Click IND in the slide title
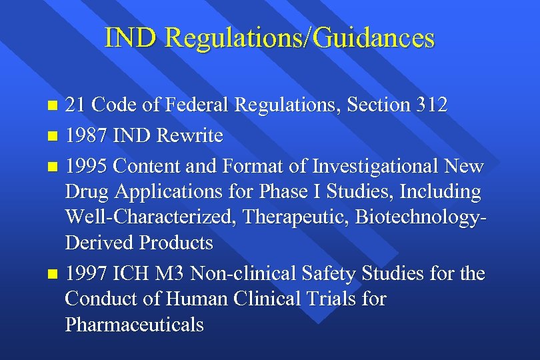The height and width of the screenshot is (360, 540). pos(131,37)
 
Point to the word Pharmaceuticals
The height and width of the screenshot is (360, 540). pos(134,325)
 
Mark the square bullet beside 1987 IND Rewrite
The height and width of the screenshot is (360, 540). pos(53,137)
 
